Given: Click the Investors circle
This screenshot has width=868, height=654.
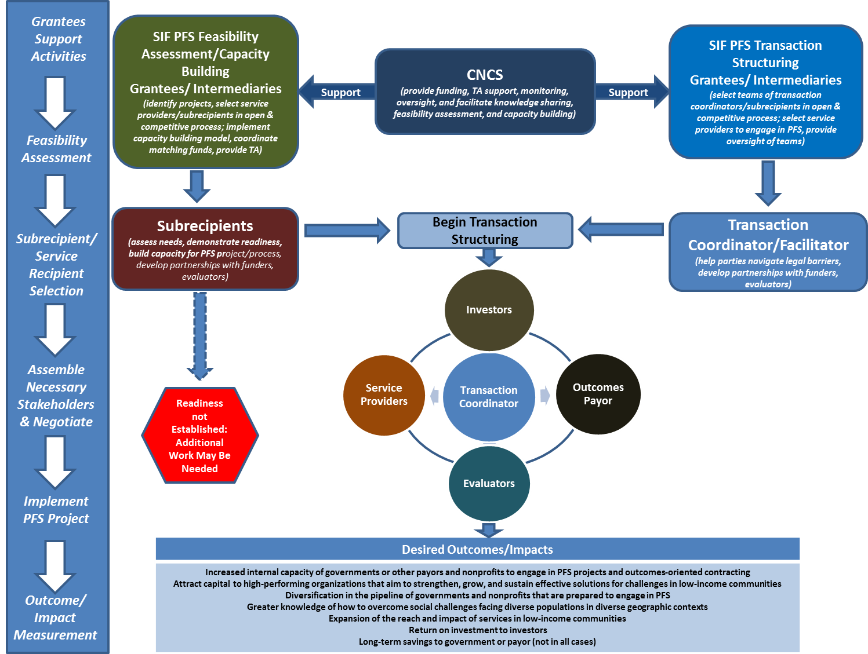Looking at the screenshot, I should coord(489,310).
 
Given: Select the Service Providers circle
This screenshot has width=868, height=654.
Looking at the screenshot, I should coord(384,394).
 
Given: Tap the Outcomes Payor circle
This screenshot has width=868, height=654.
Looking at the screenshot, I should coord(598,394).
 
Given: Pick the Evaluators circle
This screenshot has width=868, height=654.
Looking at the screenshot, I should coord(489,484).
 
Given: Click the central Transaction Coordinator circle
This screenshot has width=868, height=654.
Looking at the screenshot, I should coord(489,397).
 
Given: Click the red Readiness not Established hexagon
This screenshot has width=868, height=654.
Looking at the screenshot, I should coord(199,436).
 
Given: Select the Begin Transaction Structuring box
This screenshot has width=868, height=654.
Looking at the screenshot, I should coord(485,231).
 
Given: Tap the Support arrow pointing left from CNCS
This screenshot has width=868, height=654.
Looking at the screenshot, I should coord(336,92).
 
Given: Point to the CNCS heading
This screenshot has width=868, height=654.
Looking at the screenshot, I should coord(485,75).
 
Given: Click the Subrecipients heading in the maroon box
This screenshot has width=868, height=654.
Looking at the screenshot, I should coord(205,226).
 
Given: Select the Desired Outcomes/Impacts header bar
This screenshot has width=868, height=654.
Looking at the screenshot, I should coord(477,549).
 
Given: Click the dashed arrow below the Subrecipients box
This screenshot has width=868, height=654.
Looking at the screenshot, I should coord(200,336).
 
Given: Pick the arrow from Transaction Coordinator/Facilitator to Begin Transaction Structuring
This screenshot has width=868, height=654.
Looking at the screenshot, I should coord(620,229).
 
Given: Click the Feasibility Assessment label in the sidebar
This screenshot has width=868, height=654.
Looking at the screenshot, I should coord(56,149).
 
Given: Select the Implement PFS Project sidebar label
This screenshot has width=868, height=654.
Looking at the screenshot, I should coord(56,510).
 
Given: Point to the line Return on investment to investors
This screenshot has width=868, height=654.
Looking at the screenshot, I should coord(478,630).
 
